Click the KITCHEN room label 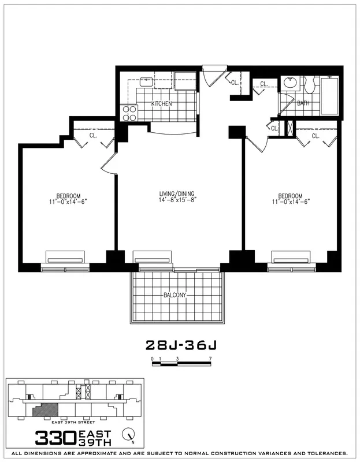click(162, 104)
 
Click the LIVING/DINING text click(177, 194)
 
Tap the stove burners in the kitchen click(128, 112)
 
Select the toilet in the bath click(309, 85)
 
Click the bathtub click(330, 95)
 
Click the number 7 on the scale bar click(211, 359)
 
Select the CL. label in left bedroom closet click(94, 136)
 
